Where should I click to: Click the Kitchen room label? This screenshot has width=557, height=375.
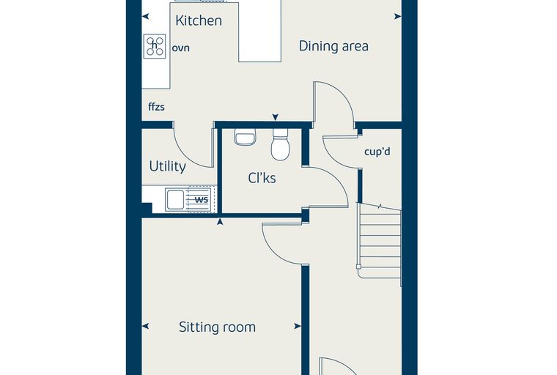pos(199,21)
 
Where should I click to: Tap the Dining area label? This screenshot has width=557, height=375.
pos(333,46)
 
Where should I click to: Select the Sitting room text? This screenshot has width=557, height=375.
pos(217,327)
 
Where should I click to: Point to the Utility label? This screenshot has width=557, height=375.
pos(168,166)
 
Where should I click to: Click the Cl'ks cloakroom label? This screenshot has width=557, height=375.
pos(262,178)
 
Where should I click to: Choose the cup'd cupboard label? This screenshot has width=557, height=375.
pos(377,152)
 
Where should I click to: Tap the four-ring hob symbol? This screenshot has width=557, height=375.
pos(155,46)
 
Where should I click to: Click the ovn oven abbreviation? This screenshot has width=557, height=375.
pos(181,48)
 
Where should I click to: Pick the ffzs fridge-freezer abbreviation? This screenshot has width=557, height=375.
pos(156,106)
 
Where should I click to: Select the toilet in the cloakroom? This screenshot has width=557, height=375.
pos(280,144)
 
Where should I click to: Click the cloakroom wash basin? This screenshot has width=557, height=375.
pos(245,137)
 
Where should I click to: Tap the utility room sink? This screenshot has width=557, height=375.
pos(175,199)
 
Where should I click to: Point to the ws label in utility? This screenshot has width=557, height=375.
pos(202,200)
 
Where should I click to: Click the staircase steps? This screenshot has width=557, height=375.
pos(380,242)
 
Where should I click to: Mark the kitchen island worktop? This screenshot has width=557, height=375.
pos(260,31)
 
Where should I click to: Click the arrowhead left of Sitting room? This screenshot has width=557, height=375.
pos(145,327)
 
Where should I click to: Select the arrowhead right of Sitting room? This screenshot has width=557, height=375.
pos(298,327)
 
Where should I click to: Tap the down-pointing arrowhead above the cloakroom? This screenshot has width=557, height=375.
pos(276,117)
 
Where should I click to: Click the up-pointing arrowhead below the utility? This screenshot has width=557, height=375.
pos(220,222)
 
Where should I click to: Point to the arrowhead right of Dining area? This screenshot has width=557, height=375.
pos(398,16)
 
